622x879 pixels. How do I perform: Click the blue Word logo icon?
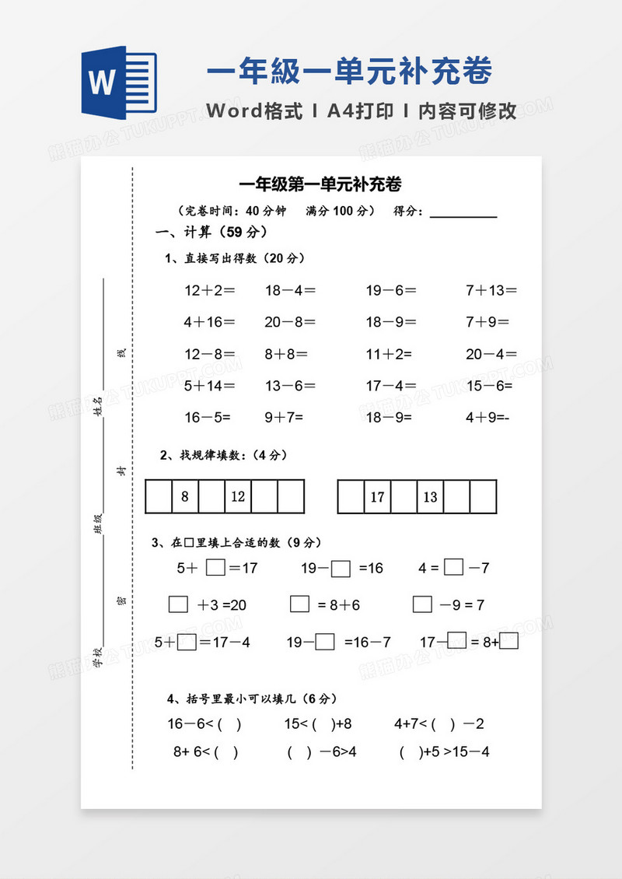(x=118, y=82)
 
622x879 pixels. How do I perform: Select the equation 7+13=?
(x=491, y=291)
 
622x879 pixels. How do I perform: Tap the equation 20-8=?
(x=290, y=322)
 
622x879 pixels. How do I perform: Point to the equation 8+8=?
(x=286, y=354)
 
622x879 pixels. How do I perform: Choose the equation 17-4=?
(x=391, y=385)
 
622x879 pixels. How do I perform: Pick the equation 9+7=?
(x=285, y=417)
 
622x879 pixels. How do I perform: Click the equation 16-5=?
(x=208, y=417)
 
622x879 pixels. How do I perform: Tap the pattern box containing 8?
(x=185, y=496)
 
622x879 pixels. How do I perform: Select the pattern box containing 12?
(x=238, y=496)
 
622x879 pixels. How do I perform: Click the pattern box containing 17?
(x=378, y=497)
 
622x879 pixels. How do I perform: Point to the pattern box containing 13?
(x=431, y=497)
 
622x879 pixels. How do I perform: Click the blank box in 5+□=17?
(x=215, y=568)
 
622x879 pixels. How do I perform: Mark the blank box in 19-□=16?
(x=341, y=569)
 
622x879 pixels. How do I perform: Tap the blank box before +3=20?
(x=178, y=604)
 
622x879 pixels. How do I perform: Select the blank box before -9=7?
(x=422, y=604)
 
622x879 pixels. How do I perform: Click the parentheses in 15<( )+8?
(x=322, y=724)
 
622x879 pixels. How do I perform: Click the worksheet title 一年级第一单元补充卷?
(x=320, y=185)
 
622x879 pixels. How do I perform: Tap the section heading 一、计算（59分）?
(x=211, y=232)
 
